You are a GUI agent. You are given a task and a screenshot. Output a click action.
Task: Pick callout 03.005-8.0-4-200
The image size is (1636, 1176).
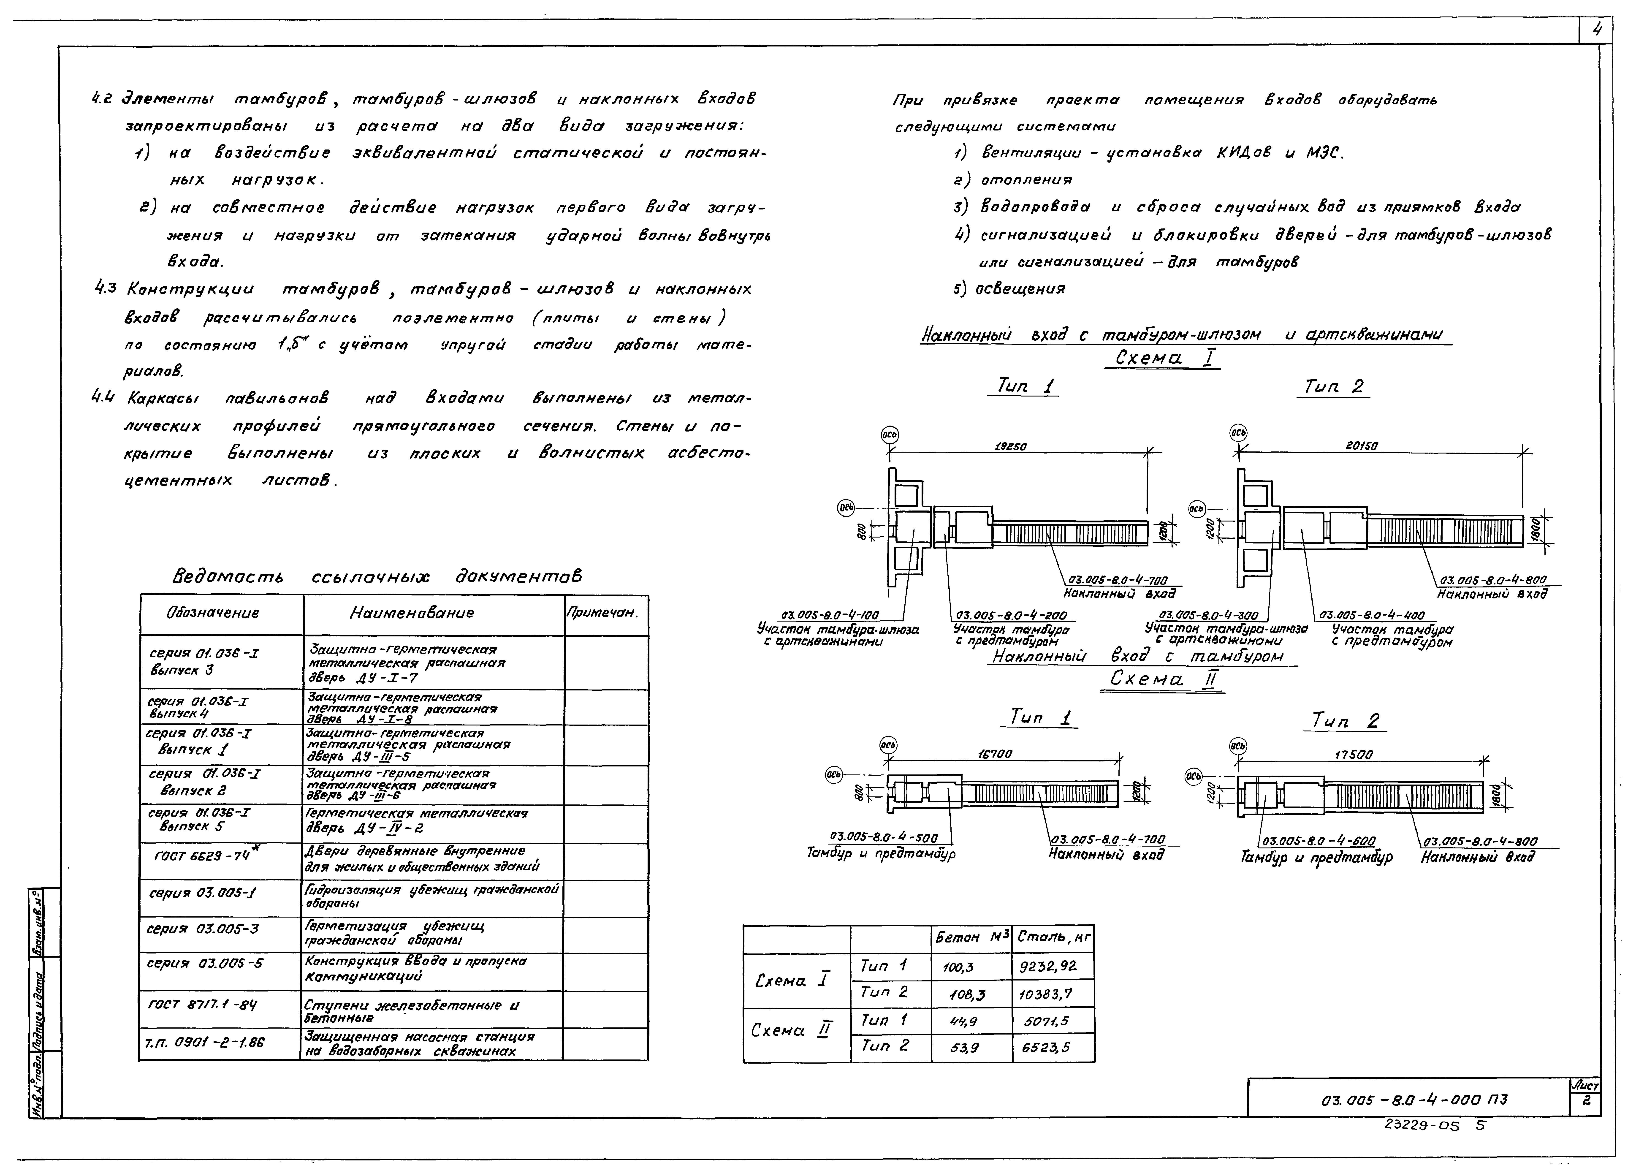(x=1015, y=615)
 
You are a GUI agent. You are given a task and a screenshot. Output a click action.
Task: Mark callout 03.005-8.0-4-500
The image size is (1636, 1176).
(x=884, y=838)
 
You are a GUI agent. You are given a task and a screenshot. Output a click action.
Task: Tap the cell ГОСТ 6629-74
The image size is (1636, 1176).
(x=204, y=856)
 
